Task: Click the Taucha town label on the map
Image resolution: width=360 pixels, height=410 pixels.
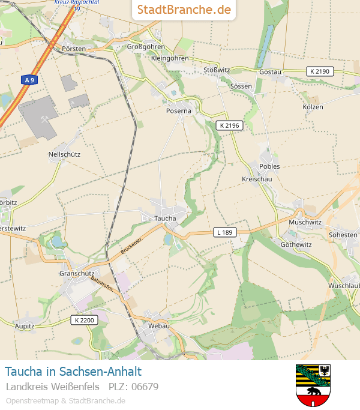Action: [x=165, y=219]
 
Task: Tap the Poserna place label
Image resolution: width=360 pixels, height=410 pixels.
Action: [x=179, y=111]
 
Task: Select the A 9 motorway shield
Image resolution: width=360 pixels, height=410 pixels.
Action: [x=29, y=79]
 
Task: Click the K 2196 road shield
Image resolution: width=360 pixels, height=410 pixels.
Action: [x=229, y=125]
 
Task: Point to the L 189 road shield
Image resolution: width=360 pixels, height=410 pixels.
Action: [x=224, y=232]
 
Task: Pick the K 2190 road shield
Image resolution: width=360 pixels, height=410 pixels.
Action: [x=319, y=71]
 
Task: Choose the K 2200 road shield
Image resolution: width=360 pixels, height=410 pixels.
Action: [x=83, y=320]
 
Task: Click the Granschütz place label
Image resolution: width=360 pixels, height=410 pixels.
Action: [x=77, y=273]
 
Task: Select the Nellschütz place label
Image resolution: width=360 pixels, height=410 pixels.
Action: [x=64, y=154]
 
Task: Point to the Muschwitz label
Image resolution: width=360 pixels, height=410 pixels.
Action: [x=305, y=222]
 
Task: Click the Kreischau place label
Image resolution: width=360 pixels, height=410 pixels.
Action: [x=257, y=179]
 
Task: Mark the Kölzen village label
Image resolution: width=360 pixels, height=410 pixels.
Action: [x=313, y=107]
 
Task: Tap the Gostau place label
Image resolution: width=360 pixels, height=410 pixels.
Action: [x=270, y=72]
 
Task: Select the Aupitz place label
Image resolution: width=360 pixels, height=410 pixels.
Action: [x=25, y=326]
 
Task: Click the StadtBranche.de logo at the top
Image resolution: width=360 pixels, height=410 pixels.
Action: [x=184, y=10]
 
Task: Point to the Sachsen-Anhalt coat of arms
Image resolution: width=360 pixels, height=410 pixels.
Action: [x=313, y=385]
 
